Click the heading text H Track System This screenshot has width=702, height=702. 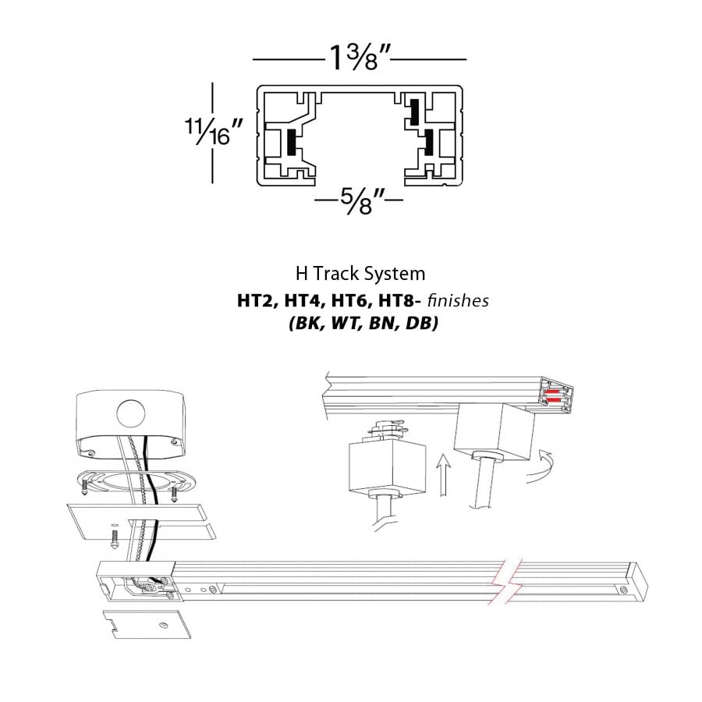[x=360, y=274]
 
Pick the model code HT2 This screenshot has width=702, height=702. [x=252, y=300]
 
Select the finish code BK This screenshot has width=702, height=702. [x=303, y=323]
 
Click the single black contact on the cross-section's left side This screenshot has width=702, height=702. [x=291, y=142]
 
